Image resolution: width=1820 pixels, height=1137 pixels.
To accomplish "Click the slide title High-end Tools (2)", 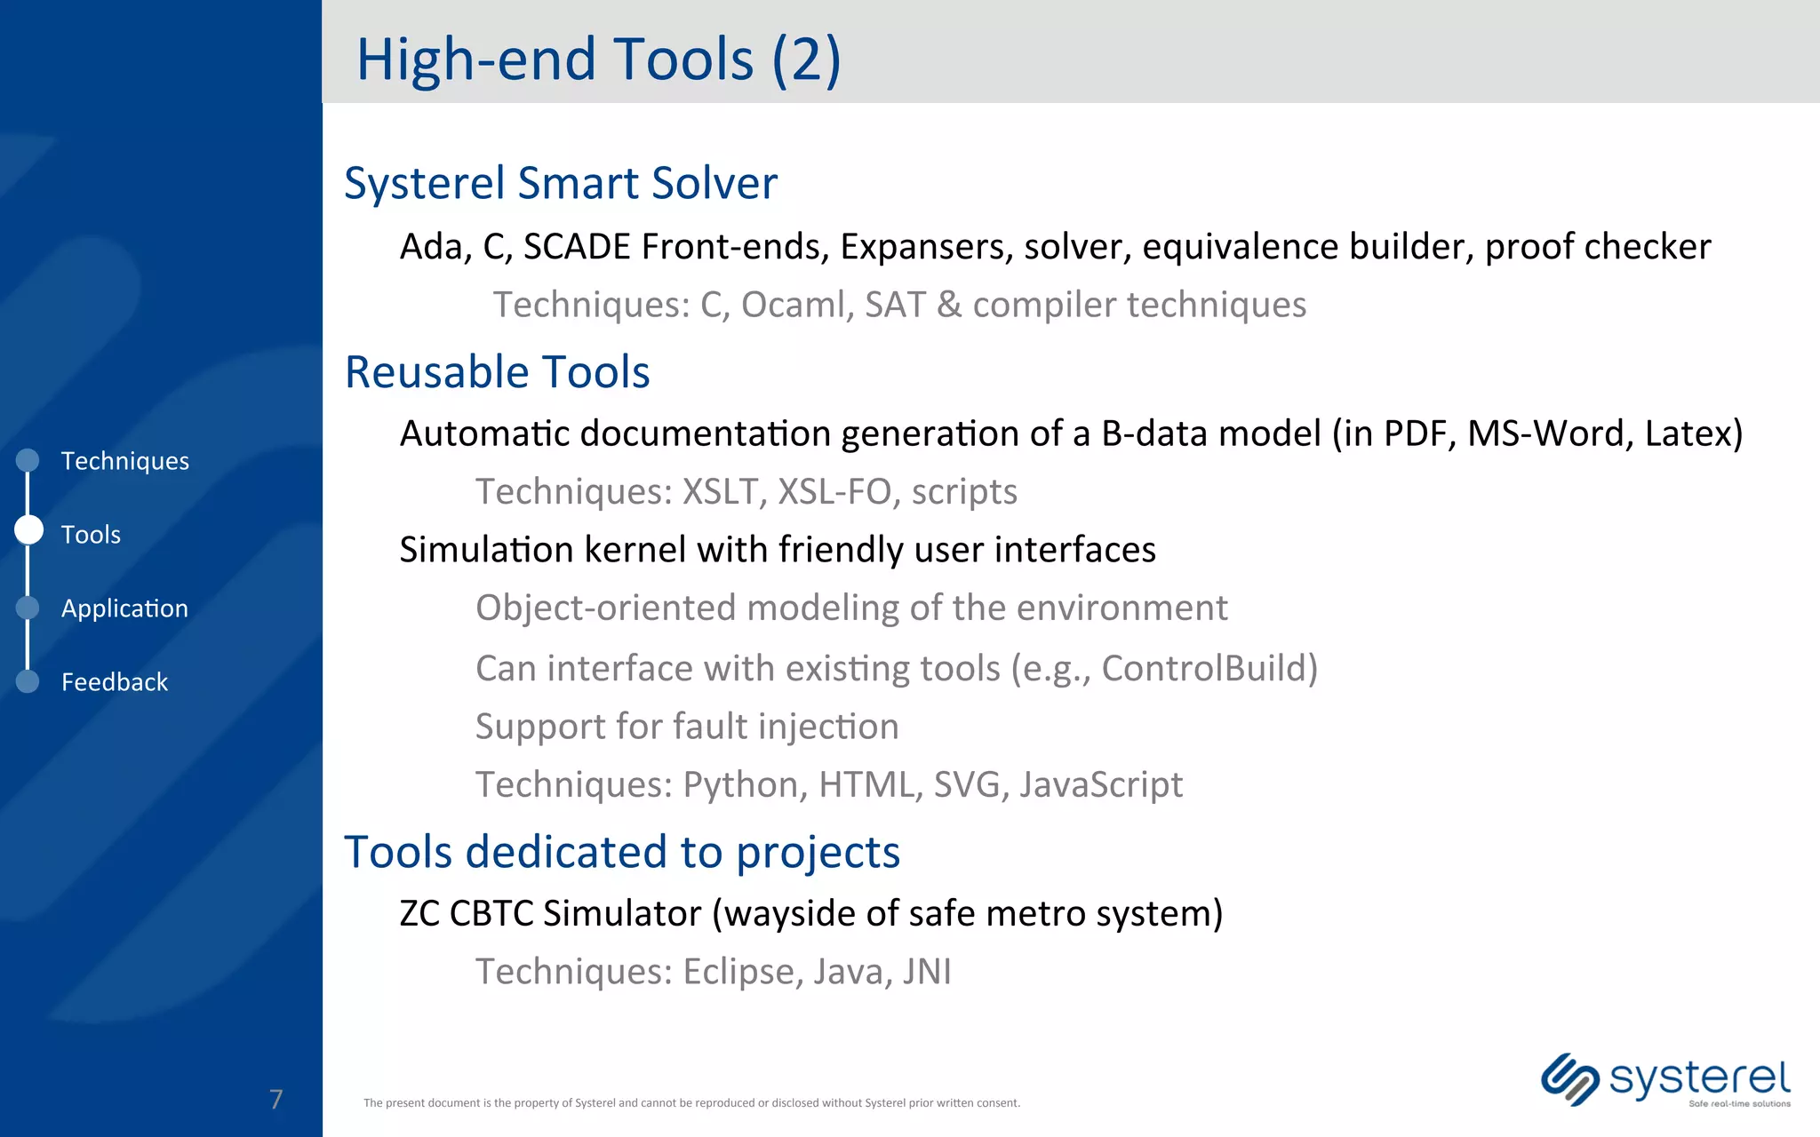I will [598, 60].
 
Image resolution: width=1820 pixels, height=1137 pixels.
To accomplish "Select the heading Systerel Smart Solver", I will [561, 183].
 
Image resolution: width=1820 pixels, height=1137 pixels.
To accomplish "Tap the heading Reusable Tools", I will [497, 371].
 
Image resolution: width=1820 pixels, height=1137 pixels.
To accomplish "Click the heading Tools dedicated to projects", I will [622, 852].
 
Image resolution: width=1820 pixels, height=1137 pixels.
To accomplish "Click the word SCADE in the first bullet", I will [578, 247].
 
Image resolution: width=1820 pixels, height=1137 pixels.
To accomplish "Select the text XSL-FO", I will [834, 491].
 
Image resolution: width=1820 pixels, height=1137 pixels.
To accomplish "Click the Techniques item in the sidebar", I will [124, 461].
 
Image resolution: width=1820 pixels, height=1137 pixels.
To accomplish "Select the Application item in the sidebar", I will [124, 608].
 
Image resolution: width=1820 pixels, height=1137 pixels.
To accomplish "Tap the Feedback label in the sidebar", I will [114, 682].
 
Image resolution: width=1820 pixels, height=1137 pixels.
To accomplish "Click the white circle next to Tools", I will [28, 530].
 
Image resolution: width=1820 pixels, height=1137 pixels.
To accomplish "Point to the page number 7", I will [276, 1099].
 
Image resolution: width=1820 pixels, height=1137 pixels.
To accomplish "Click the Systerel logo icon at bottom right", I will [1569, 1079].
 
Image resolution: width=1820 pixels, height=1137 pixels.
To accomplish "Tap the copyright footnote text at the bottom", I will [691, 1103].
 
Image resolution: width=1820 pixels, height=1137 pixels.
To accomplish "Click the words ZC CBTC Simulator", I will [550, 913].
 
